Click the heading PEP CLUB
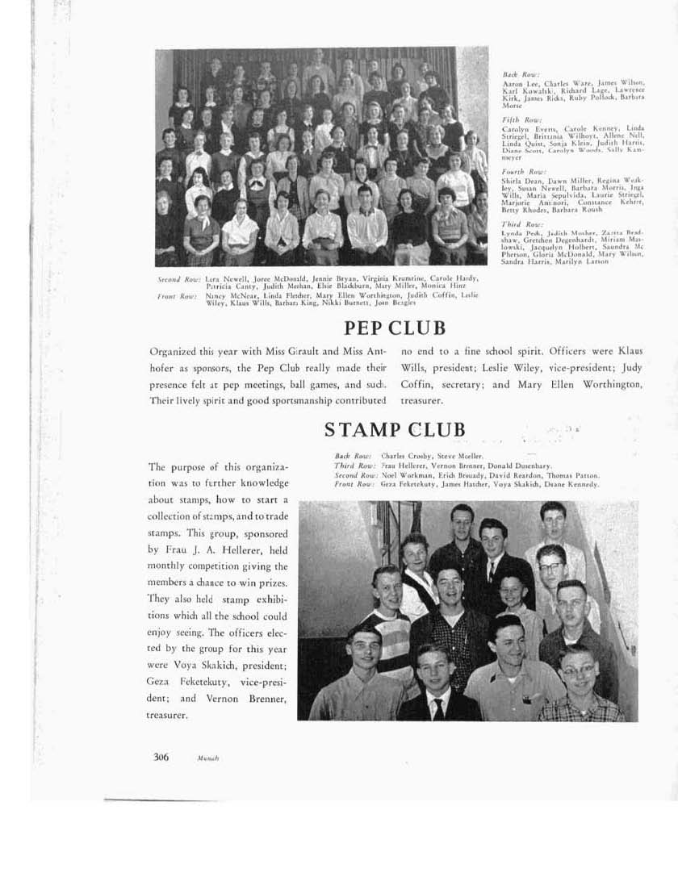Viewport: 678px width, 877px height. pos(395,328)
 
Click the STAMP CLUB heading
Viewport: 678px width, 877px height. pos(395,428)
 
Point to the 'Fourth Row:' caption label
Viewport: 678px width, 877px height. pos(517,171)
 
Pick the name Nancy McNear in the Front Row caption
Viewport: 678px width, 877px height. pos(223,295)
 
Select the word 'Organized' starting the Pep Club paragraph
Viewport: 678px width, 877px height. pos(175,352)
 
